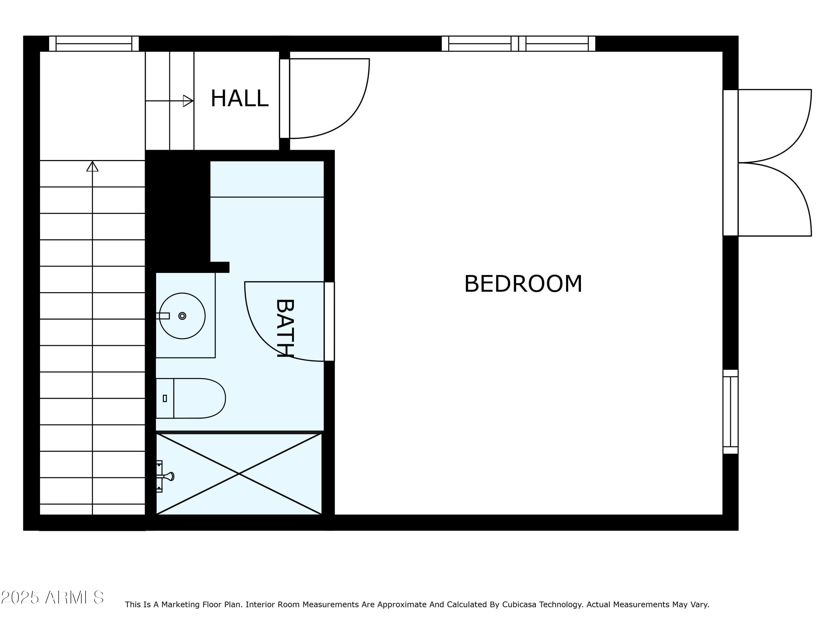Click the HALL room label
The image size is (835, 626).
tap(239, 98)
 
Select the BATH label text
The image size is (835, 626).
tap(285, 328)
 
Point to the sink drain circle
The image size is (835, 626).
tap(182, 316)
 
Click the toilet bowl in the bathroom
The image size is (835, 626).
tap(199, 398)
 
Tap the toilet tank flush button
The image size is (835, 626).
tap(164, 398)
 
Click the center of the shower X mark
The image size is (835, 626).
tap(239, 474)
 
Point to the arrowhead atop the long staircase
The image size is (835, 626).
tap(92, 166)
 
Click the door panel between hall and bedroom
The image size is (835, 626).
tap(285, 98)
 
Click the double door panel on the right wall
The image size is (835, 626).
tap(730, 163)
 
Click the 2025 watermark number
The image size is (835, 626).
tap(20, 597)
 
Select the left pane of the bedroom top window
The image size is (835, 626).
tap(480, 43)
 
